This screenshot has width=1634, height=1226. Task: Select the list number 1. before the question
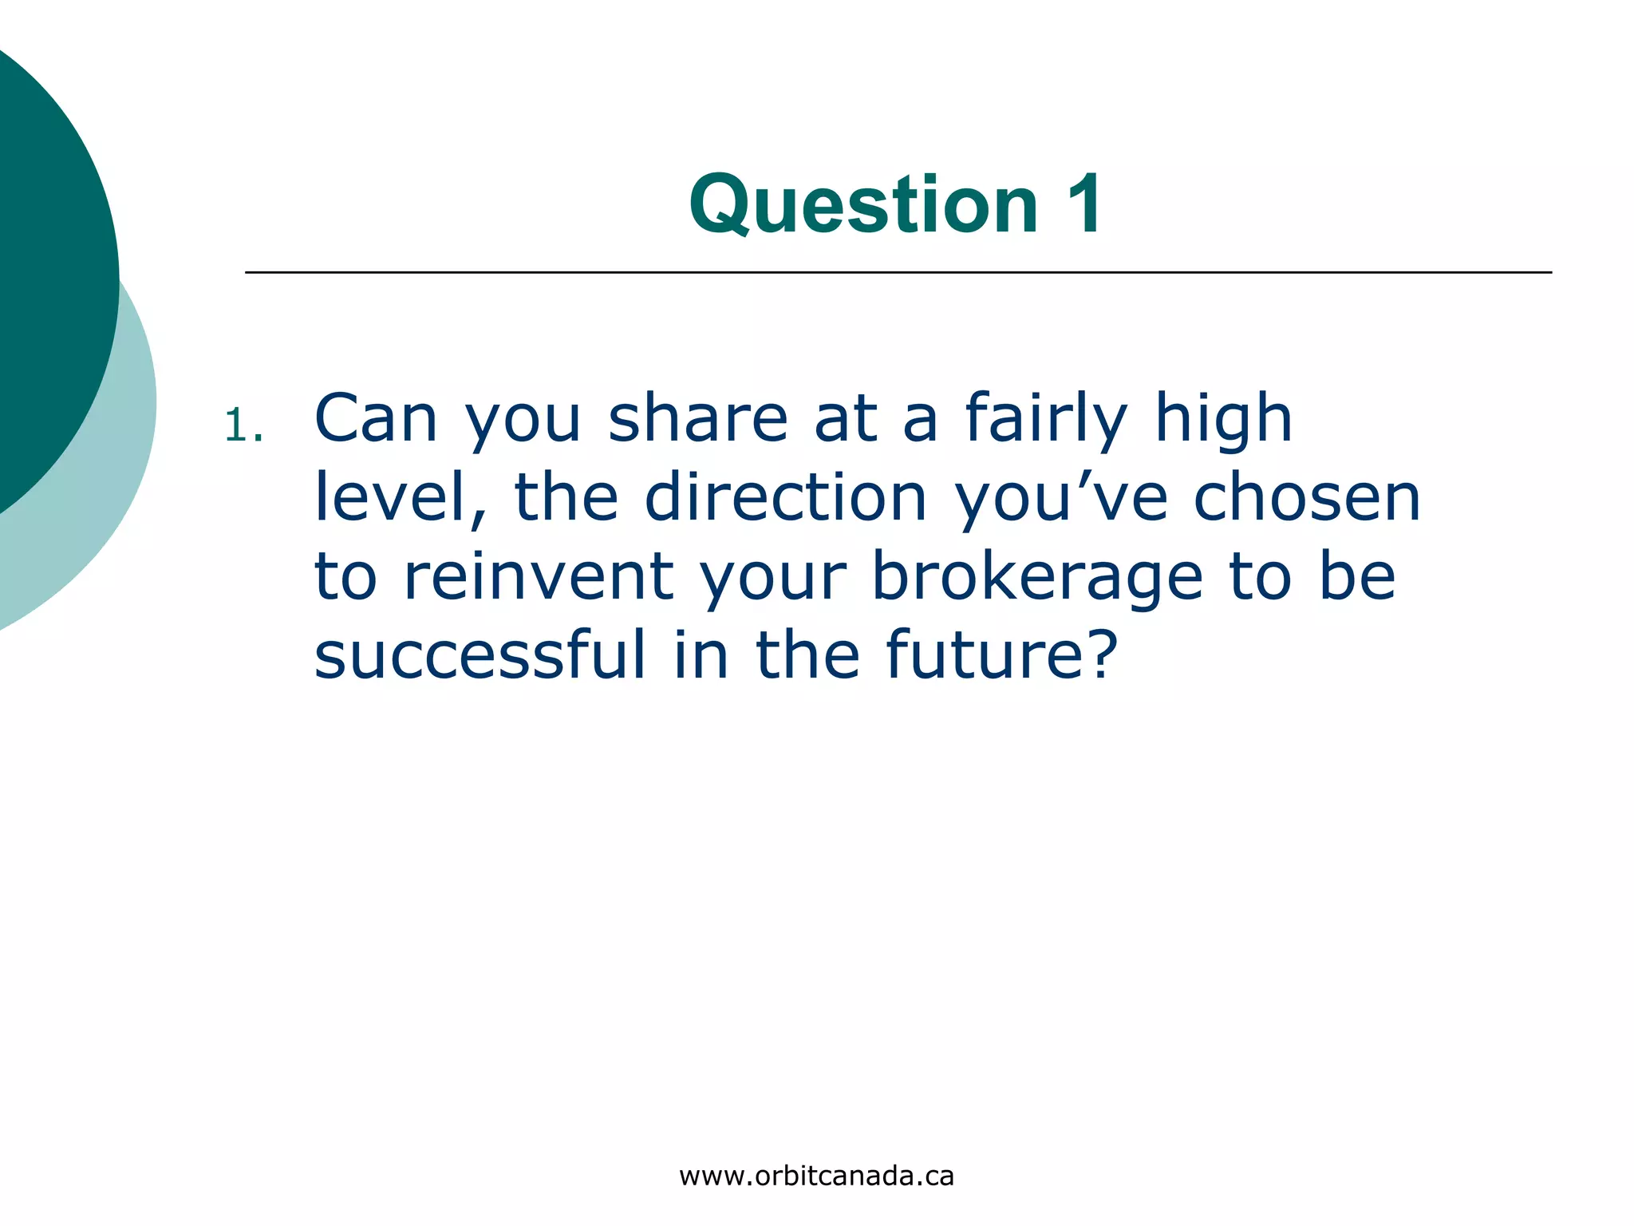[243, 425]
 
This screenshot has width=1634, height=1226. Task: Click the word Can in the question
[376, 418]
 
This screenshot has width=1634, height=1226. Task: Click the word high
[1223, 418]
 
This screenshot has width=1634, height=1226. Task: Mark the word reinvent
[539, 576]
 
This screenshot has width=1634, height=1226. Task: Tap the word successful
[480, 655]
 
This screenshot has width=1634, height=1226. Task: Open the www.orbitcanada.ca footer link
[816, 1176]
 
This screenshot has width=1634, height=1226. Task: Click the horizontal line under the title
[898, 272]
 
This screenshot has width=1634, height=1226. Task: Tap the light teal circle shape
[120, 479]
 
